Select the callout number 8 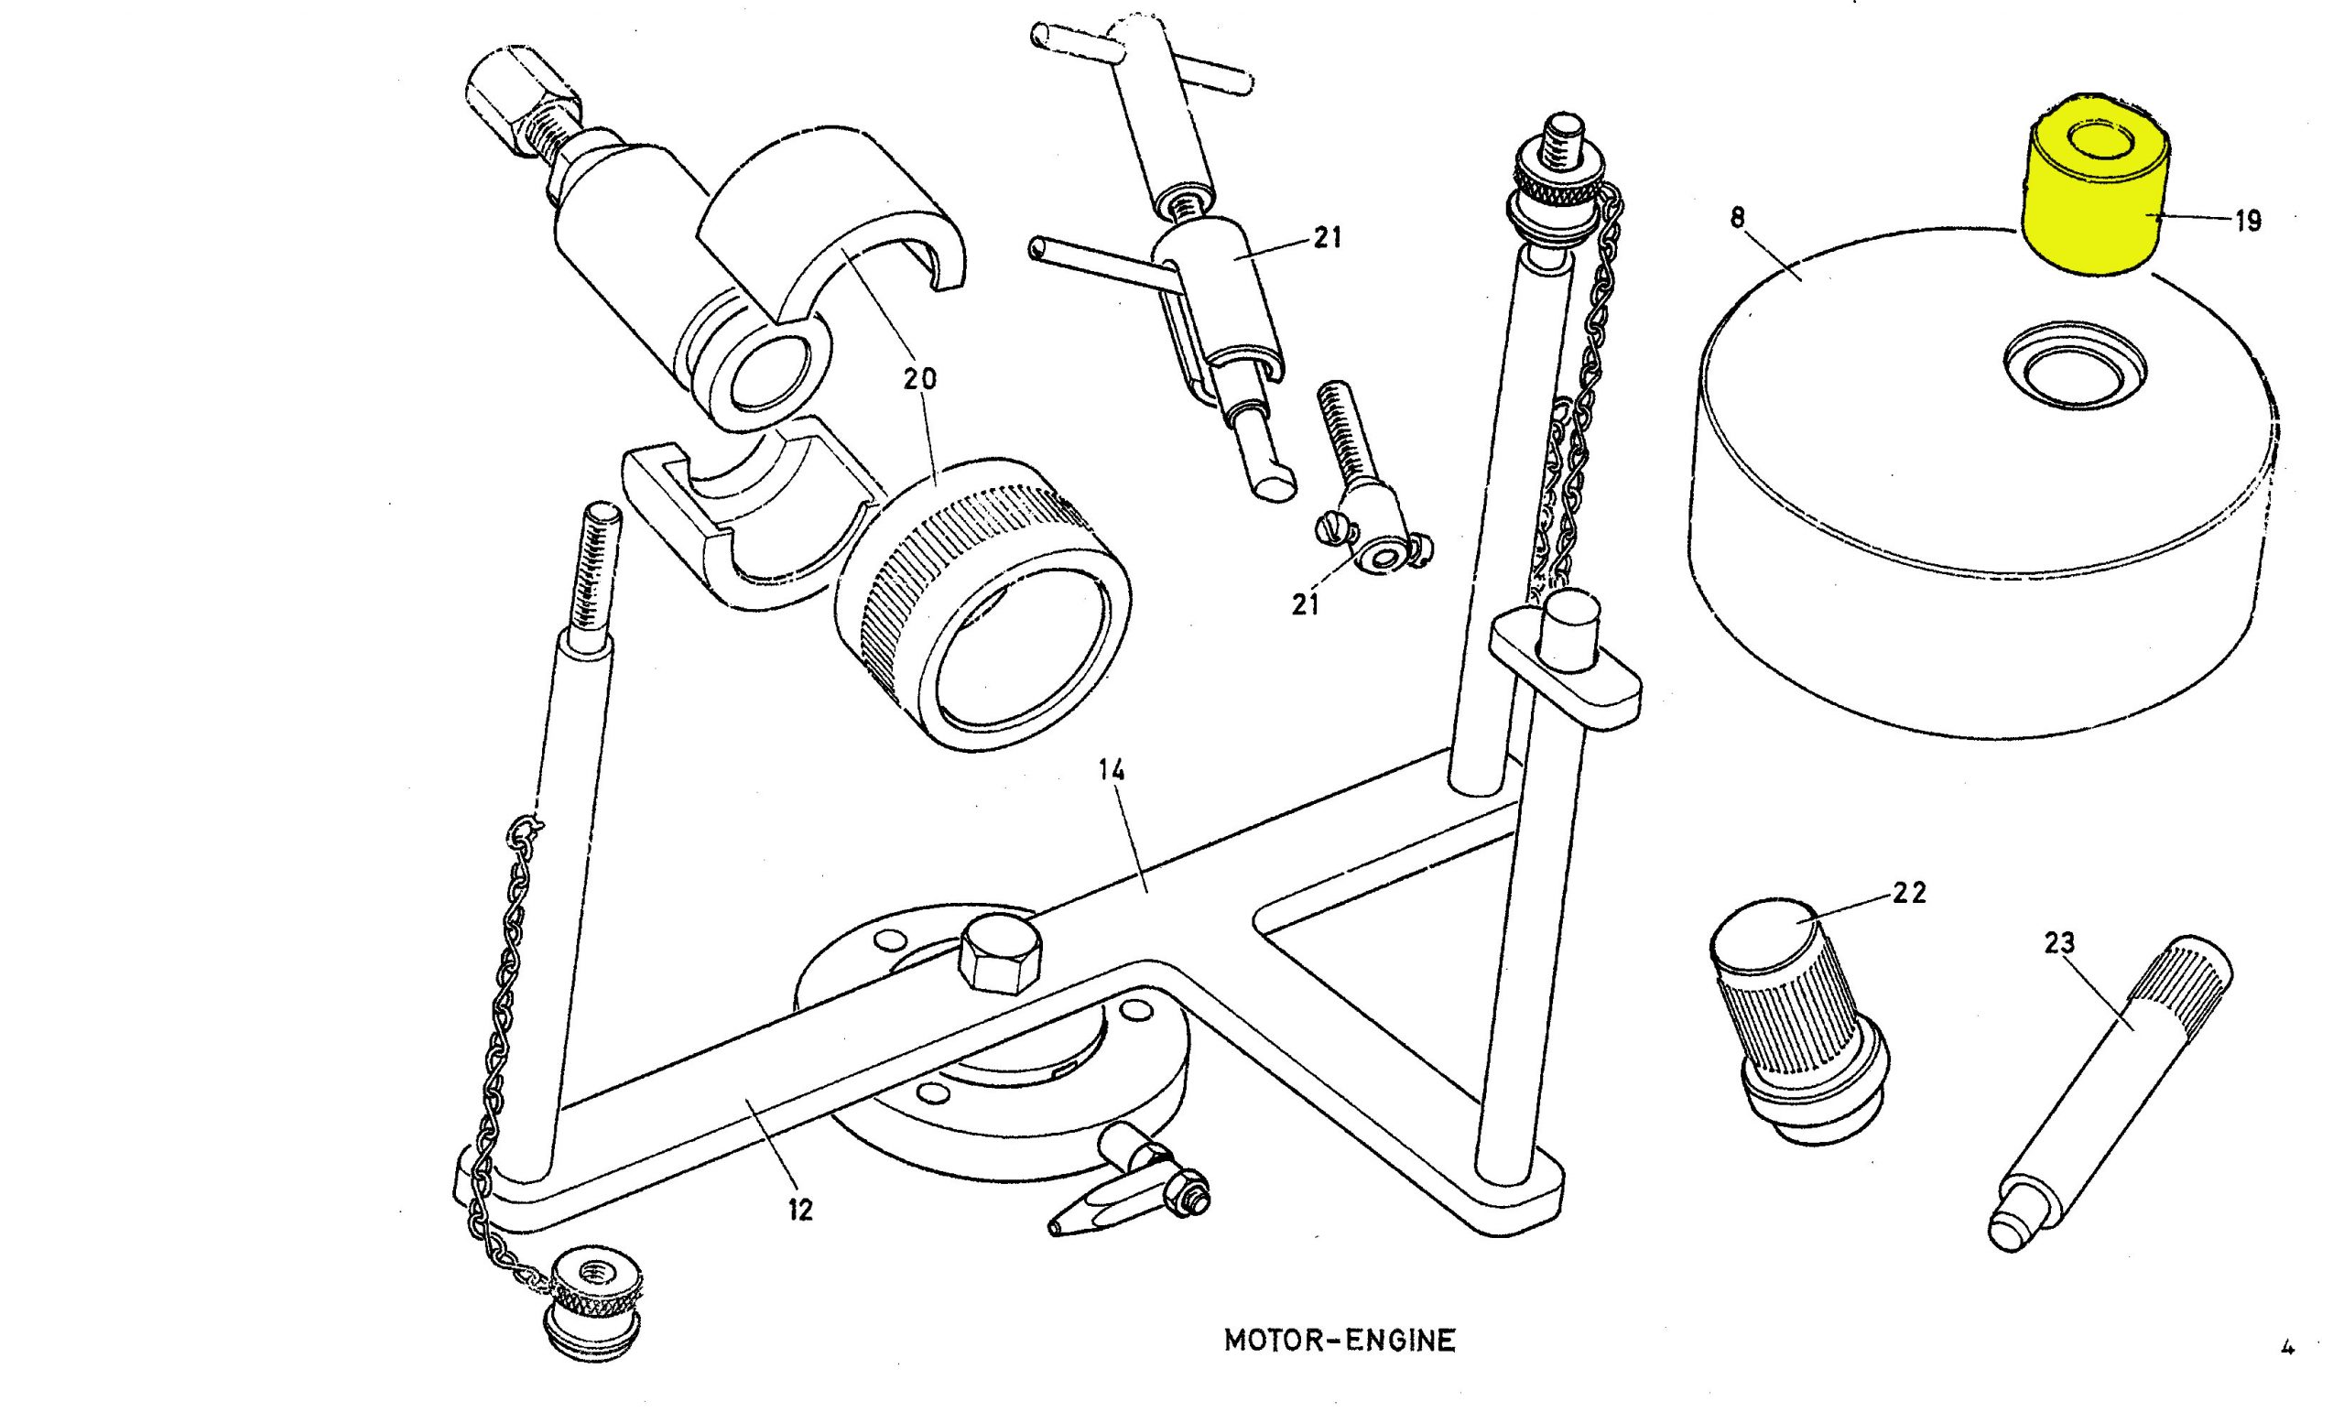1738,219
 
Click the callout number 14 1112,769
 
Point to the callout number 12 800,1210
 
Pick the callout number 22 1909,892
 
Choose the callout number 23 2058,942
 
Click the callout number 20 919,378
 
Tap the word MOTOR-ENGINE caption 1339,1342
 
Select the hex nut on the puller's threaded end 511,103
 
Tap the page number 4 2288,1346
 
